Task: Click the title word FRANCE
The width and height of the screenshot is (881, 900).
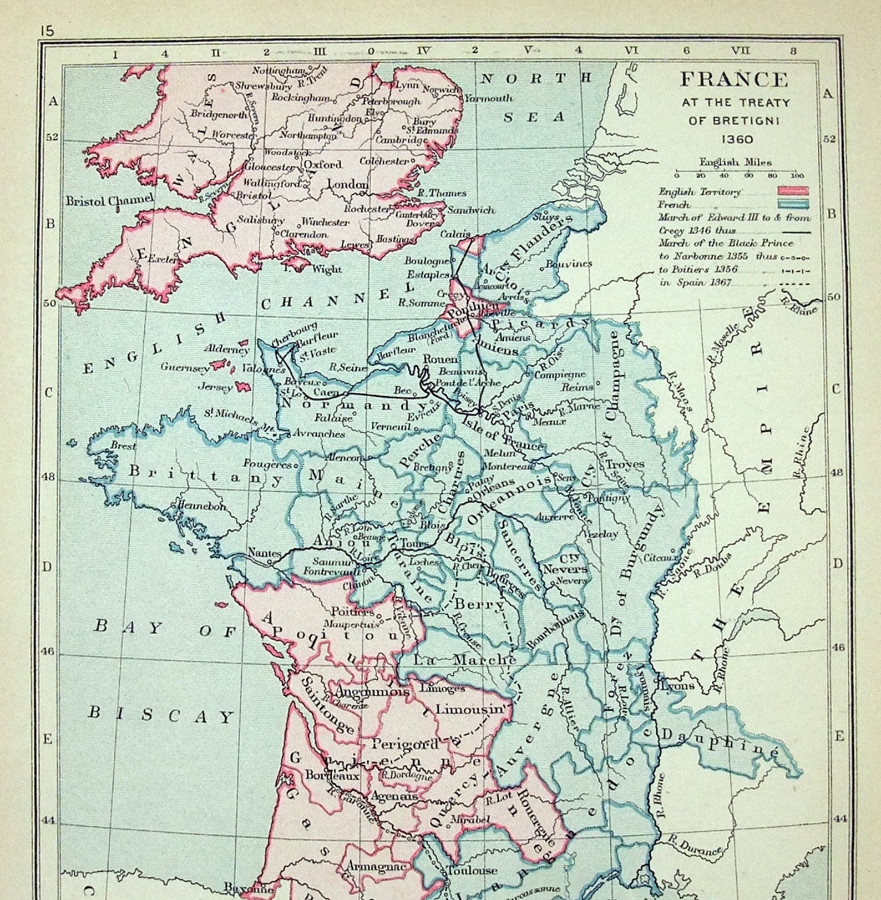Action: coord(733,79)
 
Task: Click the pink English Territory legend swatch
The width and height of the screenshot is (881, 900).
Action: coord(793,191)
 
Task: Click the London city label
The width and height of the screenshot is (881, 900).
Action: coord(348,184)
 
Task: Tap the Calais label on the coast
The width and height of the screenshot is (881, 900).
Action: coord(455,234)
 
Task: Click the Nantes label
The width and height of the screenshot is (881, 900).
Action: coord(264,553)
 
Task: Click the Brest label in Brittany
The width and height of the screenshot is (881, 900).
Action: coord(123,445)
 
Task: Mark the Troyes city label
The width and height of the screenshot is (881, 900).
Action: coord(625,464)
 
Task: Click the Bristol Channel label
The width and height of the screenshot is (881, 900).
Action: coord(109,200)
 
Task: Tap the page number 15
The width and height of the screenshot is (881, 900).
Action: coord(47,31)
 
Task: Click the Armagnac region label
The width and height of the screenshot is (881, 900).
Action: coord(377,866)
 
